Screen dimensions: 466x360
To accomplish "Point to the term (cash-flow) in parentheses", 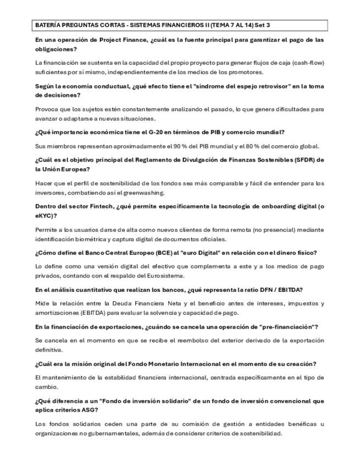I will tap(307, 63).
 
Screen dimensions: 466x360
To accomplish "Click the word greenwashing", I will tap(177, 192).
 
